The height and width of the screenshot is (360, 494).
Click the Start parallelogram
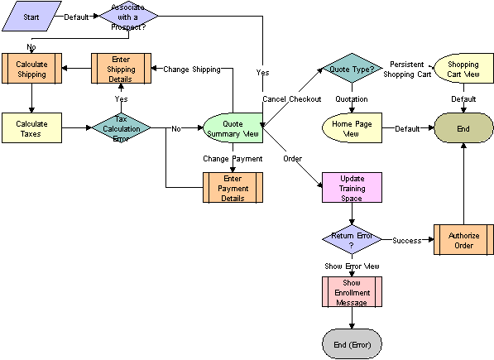click(x=31, y=16)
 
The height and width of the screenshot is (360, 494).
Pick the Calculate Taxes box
click(x=31, y=128)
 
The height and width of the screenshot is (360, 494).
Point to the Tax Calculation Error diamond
click(x=121, y=128)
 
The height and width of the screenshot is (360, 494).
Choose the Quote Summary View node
click(x=233, y=129)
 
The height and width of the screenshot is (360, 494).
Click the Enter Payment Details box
click(x=233, y=187)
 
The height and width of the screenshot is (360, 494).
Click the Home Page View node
click(x=351, y=128)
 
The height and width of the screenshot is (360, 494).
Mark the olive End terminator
click(x=463, y=128)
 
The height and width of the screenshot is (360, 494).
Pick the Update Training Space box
click(x=352, y=187)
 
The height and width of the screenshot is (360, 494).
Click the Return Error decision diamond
click(x=352, y=240)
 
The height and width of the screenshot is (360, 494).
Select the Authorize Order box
click(x=463, y=240)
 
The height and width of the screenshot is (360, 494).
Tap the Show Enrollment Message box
click(x=352, y=292)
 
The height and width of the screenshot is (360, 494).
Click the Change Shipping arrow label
click(x=191, y=70)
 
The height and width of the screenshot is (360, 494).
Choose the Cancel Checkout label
click(x=291, y=99)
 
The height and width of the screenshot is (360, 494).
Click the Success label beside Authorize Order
click(x=407, y=241)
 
